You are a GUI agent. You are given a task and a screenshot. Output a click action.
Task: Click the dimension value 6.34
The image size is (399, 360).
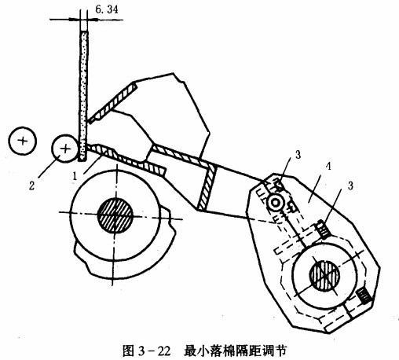(107, 9)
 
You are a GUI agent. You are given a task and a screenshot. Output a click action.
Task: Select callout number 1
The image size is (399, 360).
(75, 176)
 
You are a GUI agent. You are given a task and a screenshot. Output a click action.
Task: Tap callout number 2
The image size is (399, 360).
(31, 186)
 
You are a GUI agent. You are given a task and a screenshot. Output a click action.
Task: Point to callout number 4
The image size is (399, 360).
(328, 167)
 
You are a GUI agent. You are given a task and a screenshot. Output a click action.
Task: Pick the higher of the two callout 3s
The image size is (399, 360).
(298, 155)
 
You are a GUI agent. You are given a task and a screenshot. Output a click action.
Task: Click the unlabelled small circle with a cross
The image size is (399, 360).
(22, 141)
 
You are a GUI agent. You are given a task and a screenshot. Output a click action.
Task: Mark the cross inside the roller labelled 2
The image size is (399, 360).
(65, 149)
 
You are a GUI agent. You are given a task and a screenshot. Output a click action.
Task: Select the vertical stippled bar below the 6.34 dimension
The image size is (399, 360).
(83, 96)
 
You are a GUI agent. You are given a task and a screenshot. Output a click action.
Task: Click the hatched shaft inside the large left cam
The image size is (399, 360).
(115, 215)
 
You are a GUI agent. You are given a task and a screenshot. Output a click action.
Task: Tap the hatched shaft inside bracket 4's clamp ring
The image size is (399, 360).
(324, 275)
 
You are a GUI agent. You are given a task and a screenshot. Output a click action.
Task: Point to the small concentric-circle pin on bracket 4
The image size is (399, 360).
(275, 203)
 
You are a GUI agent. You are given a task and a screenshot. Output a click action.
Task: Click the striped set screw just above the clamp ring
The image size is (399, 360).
(323, 230)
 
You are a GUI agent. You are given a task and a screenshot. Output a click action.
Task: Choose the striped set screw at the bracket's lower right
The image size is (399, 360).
(364, 296)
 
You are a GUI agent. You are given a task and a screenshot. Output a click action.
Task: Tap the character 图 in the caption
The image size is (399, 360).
(128, 351)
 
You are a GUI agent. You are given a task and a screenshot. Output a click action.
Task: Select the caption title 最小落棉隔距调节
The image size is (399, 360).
(235, 351)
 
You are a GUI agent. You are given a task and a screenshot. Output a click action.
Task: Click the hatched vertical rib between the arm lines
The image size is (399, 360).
(207, 186)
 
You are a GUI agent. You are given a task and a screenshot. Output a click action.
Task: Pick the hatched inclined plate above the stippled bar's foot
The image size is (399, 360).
(113, 102)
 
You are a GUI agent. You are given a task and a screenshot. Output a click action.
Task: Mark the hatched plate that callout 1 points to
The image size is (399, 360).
(126, 160)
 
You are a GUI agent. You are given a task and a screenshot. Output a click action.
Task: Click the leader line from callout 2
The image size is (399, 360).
(49, 167)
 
